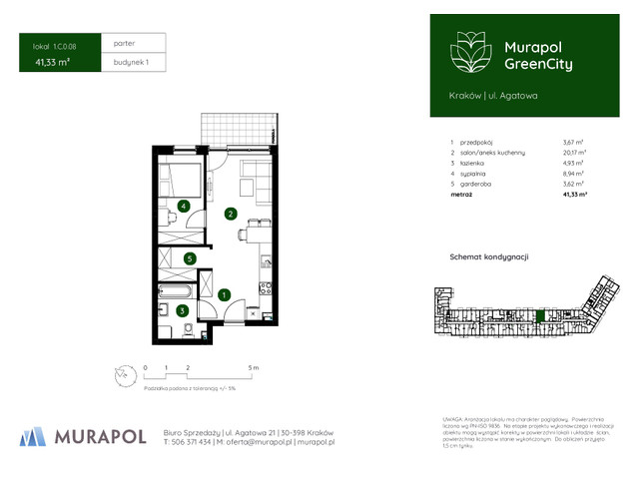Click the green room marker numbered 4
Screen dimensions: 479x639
click(x=184, y=207)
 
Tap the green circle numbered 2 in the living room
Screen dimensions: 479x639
click(x=230, y=214)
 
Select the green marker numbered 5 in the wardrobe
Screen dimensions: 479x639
click(x=190, y=258)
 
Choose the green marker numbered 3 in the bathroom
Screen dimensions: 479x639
click(x=182, y=310)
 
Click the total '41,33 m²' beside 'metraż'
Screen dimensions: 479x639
click(x=575, y=198)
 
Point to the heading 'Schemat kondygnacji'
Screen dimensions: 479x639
click(x=488, y=257)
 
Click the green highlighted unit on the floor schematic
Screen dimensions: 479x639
click(x=540, y=316)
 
